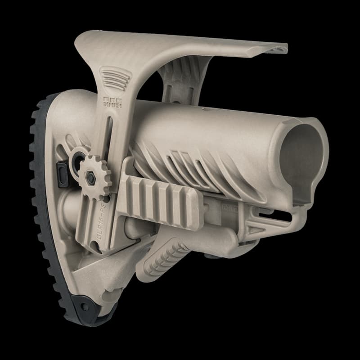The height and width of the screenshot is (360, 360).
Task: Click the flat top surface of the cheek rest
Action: (x=180, y=45)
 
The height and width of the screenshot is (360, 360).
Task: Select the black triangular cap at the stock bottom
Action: (x=90, y=310)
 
